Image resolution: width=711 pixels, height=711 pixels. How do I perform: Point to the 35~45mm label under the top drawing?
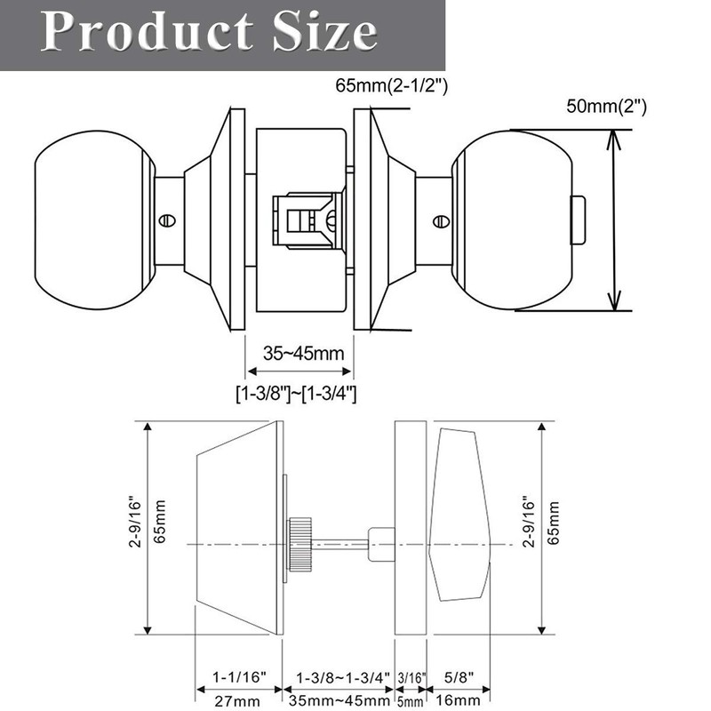tap(303, 354)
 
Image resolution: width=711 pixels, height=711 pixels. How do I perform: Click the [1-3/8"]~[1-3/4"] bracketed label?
tap(297, 391)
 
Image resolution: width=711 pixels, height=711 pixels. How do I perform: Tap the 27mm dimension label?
tap(237, 700)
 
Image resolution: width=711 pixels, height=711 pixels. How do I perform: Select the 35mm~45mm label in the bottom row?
tap(339, 700)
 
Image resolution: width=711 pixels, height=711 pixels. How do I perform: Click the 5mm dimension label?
tap(410, 701)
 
